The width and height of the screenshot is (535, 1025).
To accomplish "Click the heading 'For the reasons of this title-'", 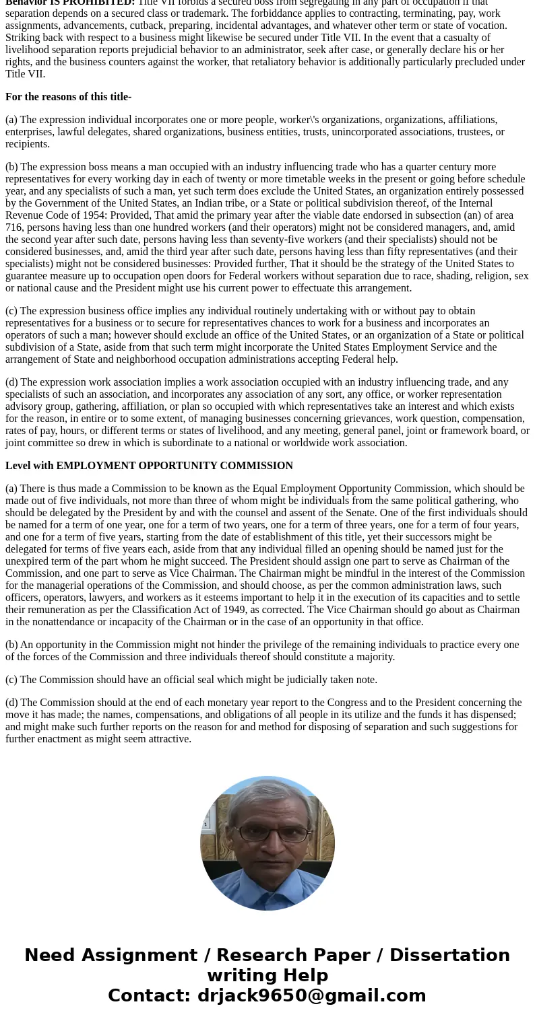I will pyautogui.click(x=68, y=97).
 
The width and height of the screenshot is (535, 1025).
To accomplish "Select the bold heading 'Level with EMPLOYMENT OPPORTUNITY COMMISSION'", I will pyautogui.click(x=149, y=466).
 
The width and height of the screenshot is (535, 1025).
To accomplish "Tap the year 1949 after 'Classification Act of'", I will pyautogui.click(x=232, y=610).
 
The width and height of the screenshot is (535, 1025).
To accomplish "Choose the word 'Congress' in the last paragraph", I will pyautogui.click(x=348, y=703).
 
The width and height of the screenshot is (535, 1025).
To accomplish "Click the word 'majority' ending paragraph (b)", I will pyautogui.click(x=374, y=657).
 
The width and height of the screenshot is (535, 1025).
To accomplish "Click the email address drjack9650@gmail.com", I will pyautogui.click(x=311, y=995).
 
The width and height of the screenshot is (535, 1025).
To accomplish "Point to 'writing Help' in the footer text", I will pyautogui.click(x=267, y=975).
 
